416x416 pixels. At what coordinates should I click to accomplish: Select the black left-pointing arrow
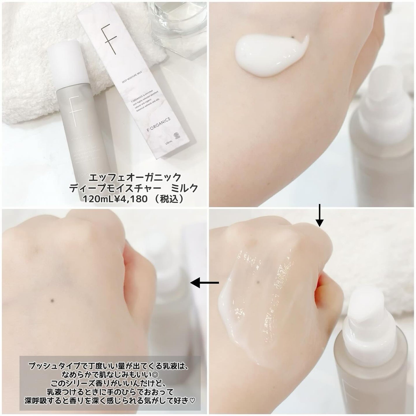click(204, 282)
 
